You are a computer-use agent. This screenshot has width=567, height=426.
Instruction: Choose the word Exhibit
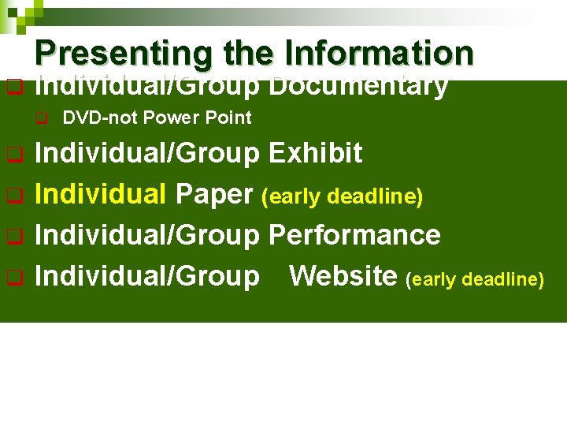pos(315,153)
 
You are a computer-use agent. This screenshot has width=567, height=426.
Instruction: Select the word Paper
pos(216,194)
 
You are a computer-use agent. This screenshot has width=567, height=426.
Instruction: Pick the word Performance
pos(354,235)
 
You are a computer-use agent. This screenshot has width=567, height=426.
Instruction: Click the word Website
pos(343,276)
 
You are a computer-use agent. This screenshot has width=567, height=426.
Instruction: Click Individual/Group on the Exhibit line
pos(147,153)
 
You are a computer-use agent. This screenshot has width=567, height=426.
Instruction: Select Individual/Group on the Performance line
pos(147,235)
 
